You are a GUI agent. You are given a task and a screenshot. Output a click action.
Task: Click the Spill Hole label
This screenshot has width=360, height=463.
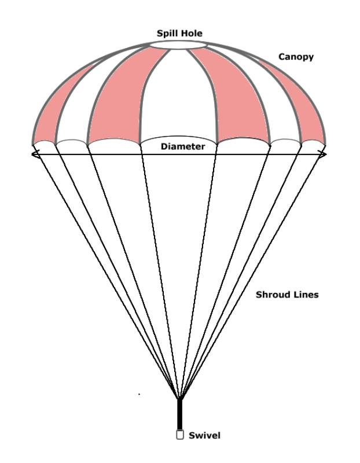179,34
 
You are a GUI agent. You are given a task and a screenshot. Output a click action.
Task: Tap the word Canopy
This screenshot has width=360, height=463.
296,57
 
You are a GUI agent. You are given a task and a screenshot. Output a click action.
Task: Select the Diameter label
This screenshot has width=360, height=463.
183,146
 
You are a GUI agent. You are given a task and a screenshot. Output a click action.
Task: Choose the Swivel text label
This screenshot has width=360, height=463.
205,435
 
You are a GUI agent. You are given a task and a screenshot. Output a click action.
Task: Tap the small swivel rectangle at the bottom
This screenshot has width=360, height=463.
180,435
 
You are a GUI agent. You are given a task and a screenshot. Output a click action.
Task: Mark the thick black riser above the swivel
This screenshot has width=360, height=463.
180,414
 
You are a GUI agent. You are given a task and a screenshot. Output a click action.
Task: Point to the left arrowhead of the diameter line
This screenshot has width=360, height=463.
35,154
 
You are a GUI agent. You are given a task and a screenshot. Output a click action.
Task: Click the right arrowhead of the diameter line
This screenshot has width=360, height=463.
324,154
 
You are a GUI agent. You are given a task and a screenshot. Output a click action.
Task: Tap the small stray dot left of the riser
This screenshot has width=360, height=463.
139,394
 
